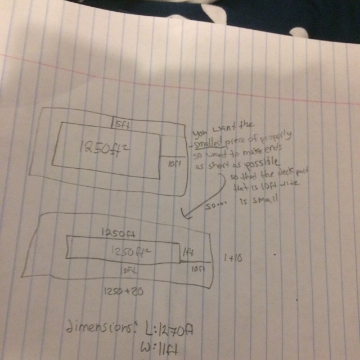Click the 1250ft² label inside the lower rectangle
128,250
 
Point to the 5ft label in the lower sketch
129,271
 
